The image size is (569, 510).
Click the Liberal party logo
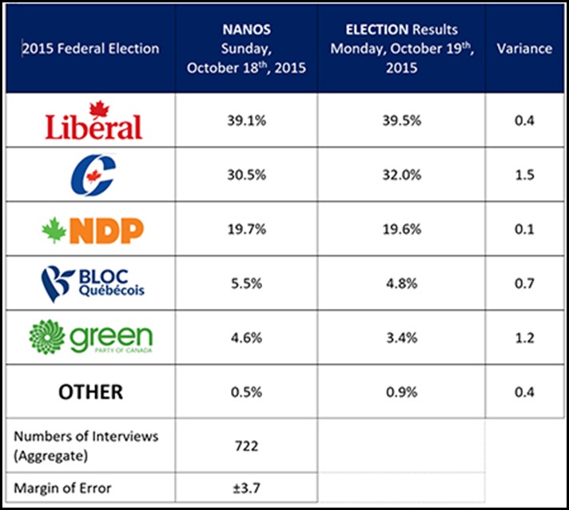click(x=94, y=121)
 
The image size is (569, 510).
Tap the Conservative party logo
click(x=93, y=176)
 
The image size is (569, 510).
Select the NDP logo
click(x=94, y=230)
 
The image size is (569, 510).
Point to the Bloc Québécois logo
click(x=94, y=283)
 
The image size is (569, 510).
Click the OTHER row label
click(x=90, y=392)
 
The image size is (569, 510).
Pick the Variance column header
click(x=524, y=48)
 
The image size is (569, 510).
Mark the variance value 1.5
click(x=524, y=174)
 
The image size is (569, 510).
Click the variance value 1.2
click(x=524, y=338)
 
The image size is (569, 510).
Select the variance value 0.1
click(x=524, y=229)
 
